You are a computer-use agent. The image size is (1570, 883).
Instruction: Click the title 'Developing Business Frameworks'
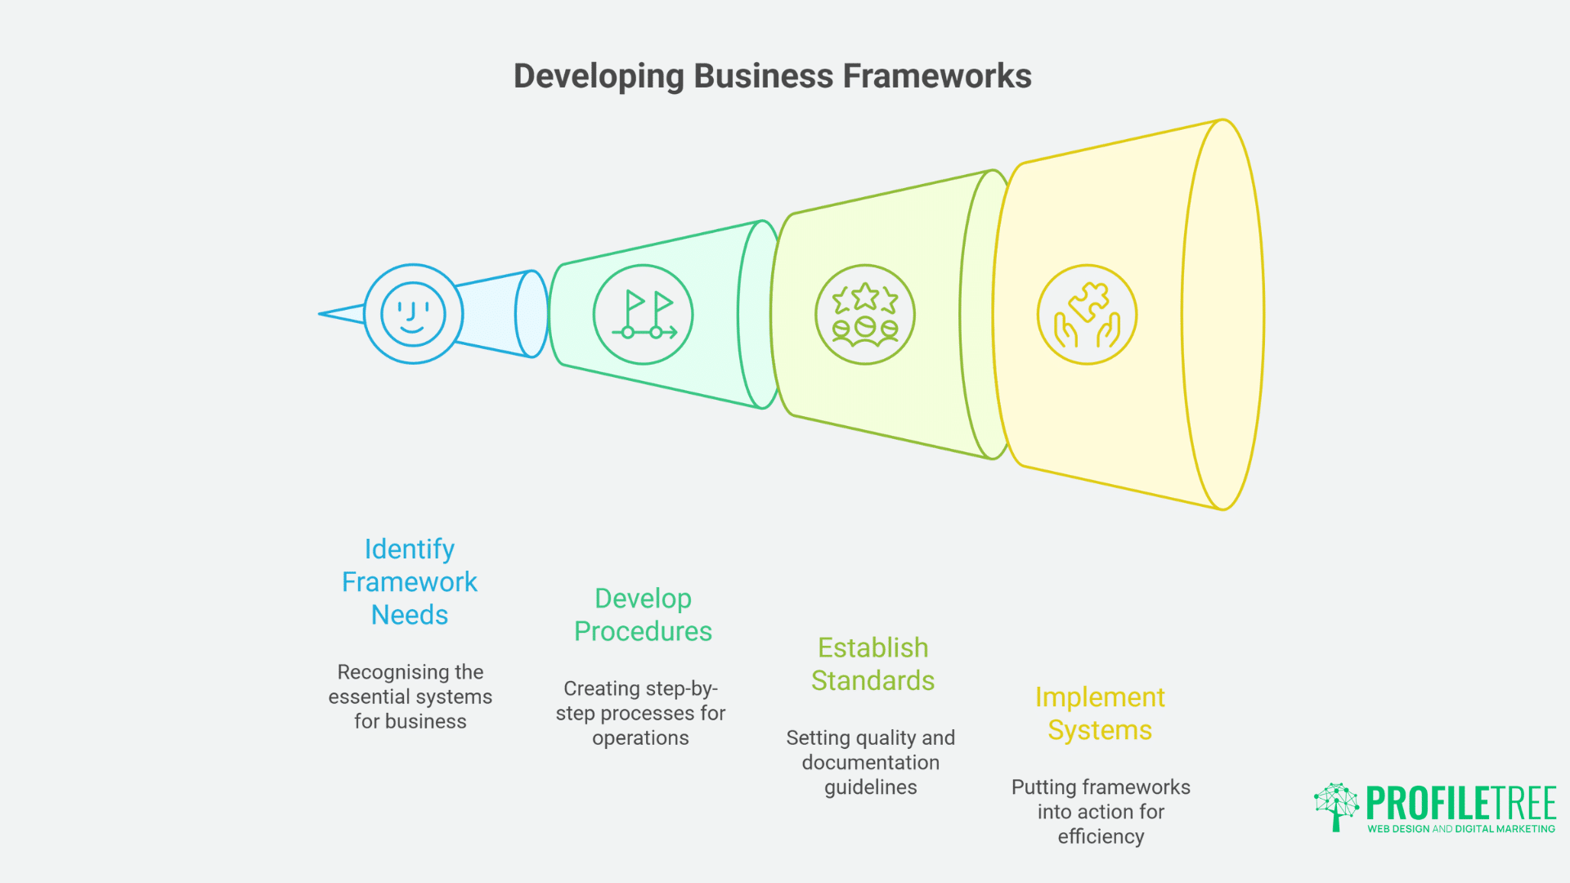click(x=772, y=76)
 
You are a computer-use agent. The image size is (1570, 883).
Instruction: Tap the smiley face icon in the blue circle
click(x=413, y=314)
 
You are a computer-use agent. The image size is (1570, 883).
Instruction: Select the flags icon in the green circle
click(x=643, y=315)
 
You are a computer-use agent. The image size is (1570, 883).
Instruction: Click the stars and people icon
click(x=865, y=315)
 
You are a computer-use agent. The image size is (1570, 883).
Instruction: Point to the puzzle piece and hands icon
click(x=1087, y=315)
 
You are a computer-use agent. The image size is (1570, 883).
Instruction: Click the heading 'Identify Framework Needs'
click(x=410, y=581)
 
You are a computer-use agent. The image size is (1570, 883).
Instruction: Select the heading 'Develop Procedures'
click(x=643, y=615)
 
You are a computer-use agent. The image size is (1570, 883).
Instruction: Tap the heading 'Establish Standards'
click(x=872, y=664)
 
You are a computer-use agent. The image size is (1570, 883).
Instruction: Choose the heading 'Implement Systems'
click(x=1100, y=713)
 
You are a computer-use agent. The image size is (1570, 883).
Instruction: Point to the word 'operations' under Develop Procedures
click(x=640, y=738)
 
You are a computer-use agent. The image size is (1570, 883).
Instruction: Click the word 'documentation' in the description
click(x=870, y=763)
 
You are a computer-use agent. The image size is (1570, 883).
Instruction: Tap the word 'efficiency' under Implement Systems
click(x=1101, y=836)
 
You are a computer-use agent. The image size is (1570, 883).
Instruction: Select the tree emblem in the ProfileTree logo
click(x=1336, y=806)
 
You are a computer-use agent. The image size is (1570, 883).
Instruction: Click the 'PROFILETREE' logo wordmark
click(x=1460, y=803)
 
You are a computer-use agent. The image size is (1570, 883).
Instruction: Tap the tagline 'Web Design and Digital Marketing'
click(x=1460, y=829)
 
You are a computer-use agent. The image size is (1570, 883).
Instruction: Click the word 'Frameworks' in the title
click(x=937, y=76)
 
